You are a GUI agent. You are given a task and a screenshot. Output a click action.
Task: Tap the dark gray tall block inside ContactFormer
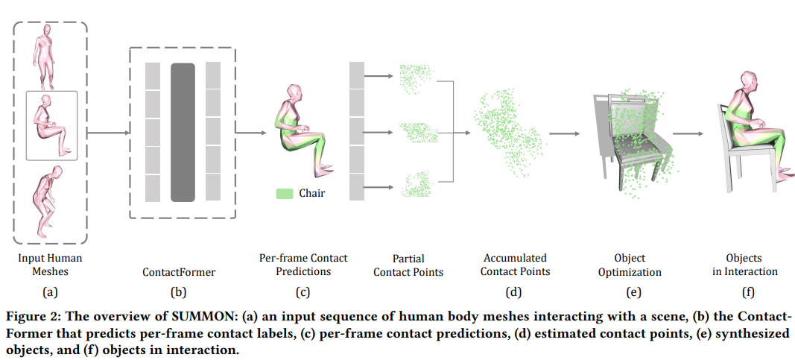pos(183,133)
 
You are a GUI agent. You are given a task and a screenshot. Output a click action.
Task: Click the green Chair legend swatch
pos(284,193)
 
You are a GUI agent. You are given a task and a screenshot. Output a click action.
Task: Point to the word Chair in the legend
pos(311,193)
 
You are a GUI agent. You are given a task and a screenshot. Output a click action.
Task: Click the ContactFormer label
pos(179,272)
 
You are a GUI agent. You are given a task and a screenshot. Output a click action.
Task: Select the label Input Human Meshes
pos(50,265)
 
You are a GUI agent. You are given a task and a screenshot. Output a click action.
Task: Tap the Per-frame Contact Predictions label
pos(303,265)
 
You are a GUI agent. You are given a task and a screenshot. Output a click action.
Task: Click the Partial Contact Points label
pos(408,265)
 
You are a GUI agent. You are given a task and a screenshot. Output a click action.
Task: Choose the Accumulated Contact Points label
pos(515,265)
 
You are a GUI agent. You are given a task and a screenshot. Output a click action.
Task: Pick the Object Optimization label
pos(629,265)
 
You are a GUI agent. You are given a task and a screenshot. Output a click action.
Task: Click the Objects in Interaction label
pos(744,265)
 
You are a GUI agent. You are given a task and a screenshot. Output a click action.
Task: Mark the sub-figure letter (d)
pos(514,291)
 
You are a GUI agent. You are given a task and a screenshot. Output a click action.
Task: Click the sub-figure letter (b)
pos(179,292)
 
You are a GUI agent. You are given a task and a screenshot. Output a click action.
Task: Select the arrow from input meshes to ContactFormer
pos(109,133)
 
